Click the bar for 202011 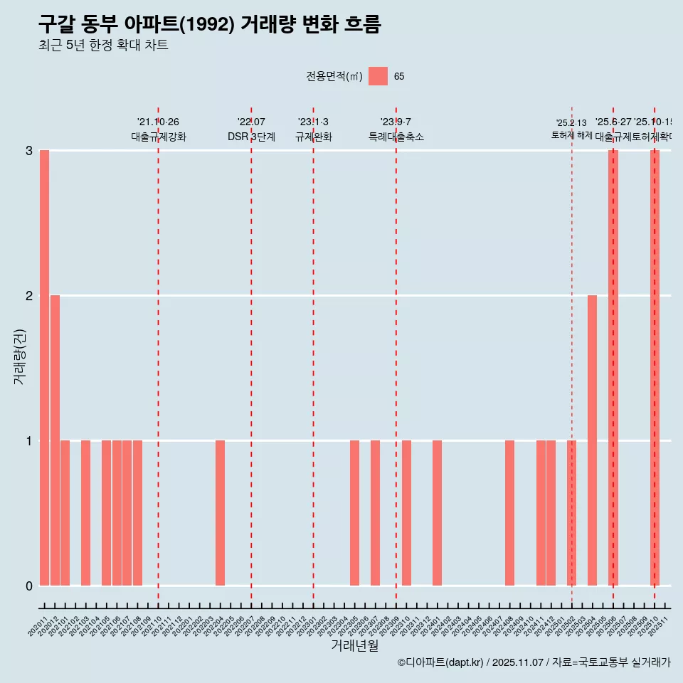coord(44,368)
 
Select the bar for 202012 coord(55,440)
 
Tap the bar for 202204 coord(220,513)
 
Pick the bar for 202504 coord(592,440)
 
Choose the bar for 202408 coord(509,513)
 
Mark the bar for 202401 coord(437,513)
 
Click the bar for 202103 coord(85,513)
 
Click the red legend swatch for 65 coord(378,76)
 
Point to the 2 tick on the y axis coord(29,295)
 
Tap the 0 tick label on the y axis coord(29,586)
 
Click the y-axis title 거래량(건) coord(20,356)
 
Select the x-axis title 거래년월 coord(354,645)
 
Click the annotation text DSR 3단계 coord(251,137)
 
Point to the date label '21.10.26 coord(158,122)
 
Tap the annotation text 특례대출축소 coord(396,137)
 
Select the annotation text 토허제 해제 coord(571,134)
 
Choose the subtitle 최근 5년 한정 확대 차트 coord(103,46)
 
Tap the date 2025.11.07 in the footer coord(518,662)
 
